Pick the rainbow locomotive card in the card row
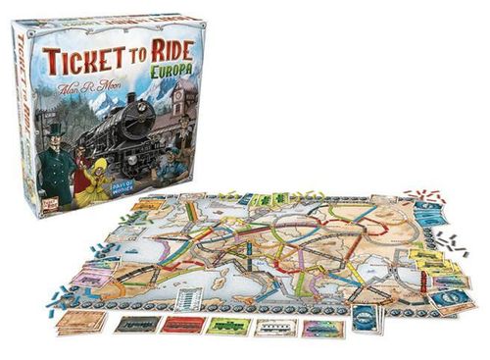click(x=320, y=326)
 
